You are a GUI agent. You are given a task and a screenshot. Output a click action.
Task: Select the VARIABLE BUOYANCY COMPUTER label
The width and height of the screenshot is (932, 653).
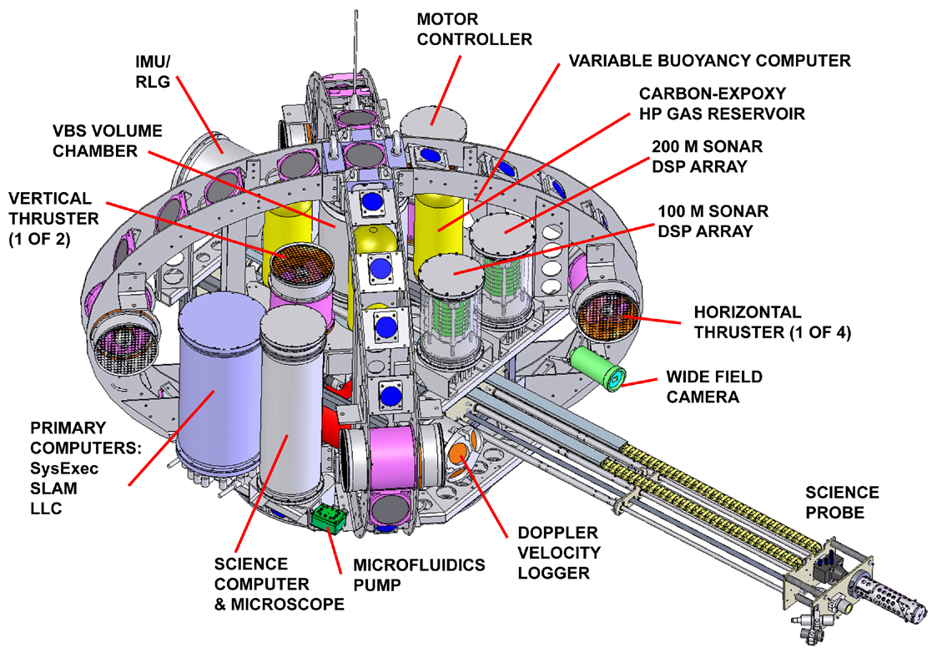click(709, 61)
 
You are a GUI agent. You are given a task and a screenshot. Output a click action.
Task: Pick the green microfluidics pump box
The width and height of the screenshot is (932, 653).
click(329, 519)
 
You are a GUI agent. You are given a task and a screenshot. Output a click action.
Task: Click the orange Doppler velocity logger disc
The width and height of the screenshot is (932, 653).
click(460, 455)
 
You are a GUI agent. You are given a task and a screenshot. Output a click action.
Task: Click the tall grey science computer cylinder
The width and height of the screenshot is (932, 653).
click(290, 401)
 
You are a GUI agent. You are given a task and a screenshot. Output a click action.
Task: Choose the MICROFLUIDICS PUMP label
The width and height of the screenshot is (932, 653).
click(418, 575)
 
